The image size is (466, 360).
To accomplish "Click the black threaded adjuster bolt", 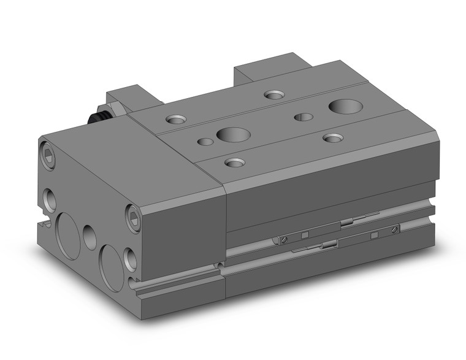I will point(97,117).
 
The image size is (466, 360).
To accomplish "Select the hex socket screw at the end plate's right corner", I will point(134,215).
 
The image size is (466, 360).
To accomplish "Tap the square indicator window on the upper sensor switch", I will point(373,235).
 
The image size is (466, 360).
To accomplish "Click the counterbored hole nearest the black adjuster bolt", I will point(177,120).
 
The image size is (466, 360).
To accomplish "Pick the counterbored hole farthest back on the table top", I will point(274,94).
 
